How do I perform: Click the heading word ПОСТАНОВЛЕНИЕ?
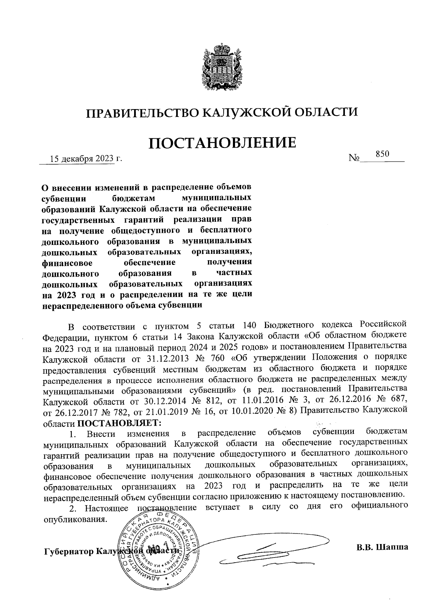(x=222, y=143)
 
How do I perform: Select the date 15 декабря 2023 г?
(x=86, y=159)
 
